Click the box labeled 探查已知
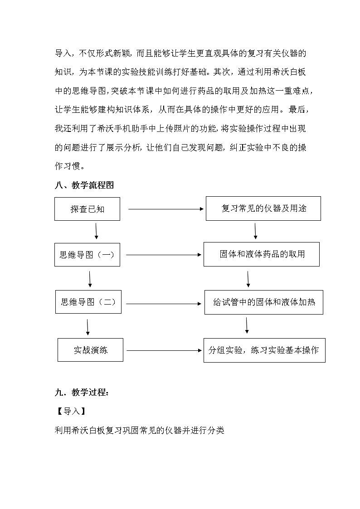[88, 209]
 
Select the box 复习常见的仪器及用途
[263, 208]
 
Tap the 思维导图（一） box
[88, 255]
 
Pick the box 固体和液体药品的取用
[262, 254]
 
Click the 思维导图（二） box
[88, 302]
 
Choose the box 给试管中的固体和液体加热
[263, 302]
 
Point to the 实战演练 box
[91, 349]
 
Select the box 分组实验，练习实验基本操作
[264, 350]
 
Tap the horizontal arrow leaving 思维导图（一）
[164, 255]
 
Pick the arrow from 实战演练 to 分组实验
[164, 350]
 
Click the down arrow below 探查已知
[97, 231]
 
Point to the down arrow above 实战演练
[88, 327]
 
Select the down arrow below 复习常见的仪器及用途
[256, 231]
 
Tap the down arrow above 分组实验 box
[247, 325]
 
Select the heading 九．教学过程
[82, 393]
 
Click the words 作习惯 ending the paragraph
[67, 166]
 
